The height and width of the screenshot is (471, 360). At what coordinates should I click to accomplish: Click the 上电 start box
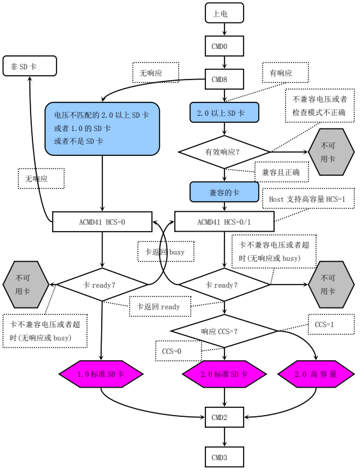click(x=223, y=12)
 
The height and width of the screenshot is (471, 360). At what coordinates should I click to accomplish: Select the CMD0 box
click(x=223, y=46)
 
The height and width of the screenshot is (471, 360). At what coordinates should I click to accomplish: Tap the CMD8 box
click(x=223, y=80)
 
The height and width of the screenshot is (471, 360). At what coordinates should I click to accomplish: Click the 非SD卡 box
click(x=30, y=65)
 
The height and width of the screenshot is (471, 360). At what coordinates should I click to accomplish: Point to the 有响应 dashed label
click(x=281, y=73)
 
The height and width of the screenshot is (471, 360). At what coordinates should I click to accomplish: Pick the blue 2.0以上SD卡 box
click(x=223, y=113)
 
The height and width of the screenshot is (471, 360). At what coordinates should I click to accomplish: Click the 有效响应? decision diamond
click(x=223, y=152)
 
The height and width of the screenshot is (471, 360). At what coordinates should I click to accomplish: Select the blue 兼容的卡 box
click(x=223, y=190)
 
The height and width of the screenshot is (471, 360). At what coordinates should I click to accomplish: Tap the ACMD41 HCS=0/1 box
click(x=223, y=221)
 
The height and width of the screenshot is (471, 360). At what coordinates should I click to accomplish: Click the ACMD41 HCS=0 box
click(x=102, y=221)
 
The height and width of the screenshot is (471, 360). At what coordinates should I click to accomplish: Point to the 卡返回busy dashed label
click(x=162, y=251)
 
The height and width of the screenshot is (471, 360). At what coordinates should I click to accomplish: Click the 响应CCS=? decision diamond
click(x=223, y=330)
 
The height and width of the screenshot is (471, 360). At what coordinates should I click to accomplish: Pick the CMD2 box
click(x=223, y=418)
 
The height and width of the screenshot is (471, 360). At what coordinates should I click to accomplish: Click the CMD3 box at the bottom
click(x=223, y=456)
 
